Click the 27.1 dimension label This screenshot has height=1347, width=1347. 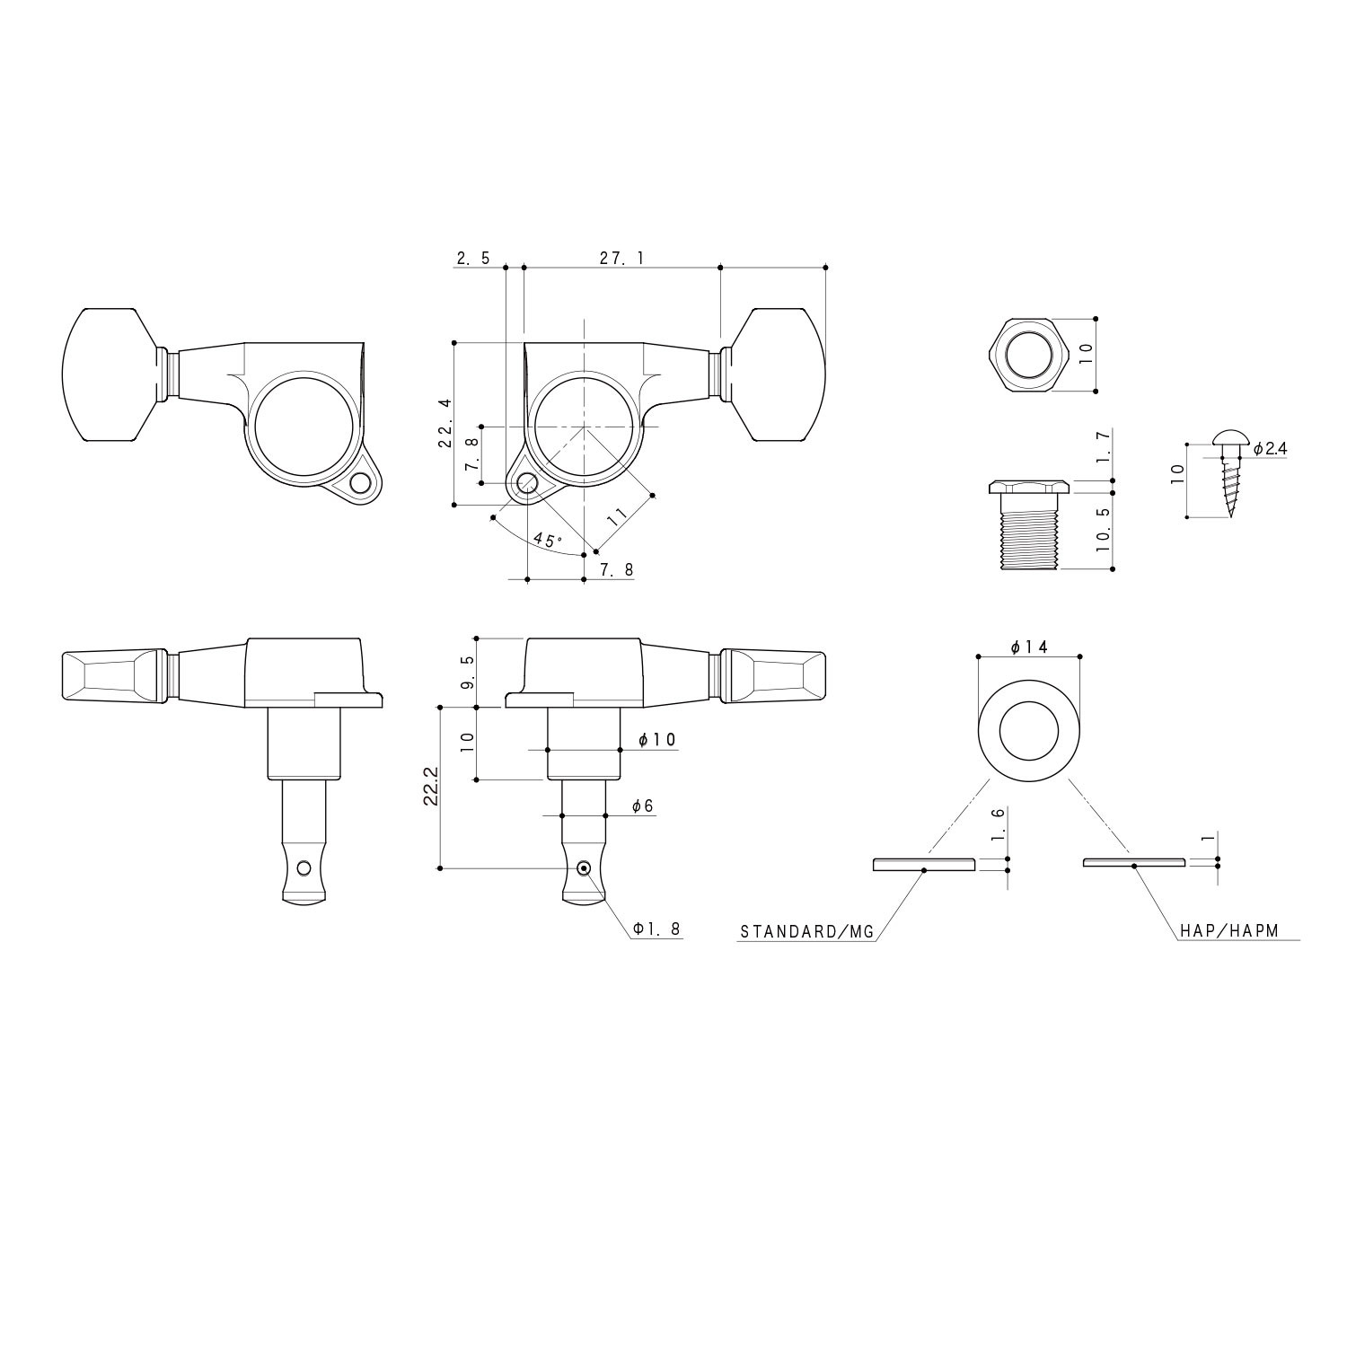click(x=621, y=259)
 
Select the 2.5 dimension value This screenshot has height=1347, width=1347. click(x=472, y=259)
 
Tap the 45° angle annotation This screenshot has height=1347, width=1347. click(x=547, y=541)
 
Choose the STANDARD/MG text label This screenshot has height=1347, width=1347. click(x=806, y=932)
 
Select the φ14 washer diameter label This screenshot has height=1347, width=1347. click(x=1029, y=647)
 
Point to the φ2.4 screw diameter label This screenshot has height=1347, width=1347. click(x=1270, y=448)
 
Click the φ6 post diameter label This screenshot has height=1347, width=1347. click(x=642, y=807)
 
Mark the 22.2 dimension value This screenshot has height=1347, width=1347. click(x=433, y=788)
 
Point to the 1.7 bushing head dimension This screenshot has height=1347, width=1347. click(x=1104, y=445)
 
